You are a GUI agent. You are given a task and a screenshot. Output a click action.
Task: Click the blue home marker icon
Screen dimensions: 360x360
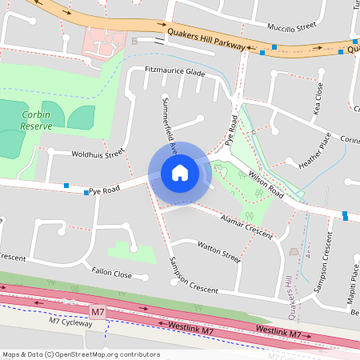(x=180, y=172)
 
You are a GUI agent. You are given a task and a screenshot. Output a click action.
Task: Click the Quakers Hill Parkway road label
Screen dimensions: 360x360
(x=206, y=38)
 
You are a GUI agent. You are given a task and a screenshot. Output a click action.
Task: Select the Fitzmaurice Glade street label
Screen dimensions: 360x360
(x=175, y=72)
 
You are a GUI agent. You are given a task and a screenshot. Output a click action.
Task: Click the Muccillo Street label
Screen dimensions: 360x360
(x=292, y=26)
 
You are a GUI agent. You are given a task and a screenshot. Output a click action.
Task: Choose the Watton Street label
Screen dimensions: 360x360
(x=218, y=252)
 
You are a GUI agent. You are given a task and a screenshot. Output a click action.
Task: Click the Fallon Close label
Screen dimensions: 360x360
(x=111, y=273)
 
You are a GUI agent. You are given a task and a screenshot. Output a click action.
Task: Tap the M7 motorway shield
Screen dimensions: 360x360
(x=98, y=310)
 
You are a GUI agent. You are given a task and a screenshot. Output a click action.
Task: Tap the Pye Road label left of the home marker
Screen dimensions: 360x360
(x=104, y=190)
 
